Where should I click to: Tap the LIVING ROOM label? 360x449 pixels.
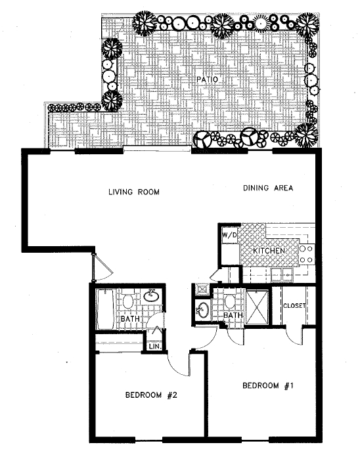pos(135,192)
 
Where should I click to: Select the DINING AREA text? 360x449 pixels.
pos(267,189)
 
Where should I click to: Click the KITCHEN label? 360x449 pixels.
pos(269,251)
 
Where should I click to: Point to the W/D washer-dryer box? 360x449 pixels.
pos(229,235)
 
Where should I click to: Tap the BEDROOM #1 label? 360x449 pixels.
pos(267,385)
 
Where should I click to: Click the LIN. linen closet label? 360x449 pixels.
pos(155,345)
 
